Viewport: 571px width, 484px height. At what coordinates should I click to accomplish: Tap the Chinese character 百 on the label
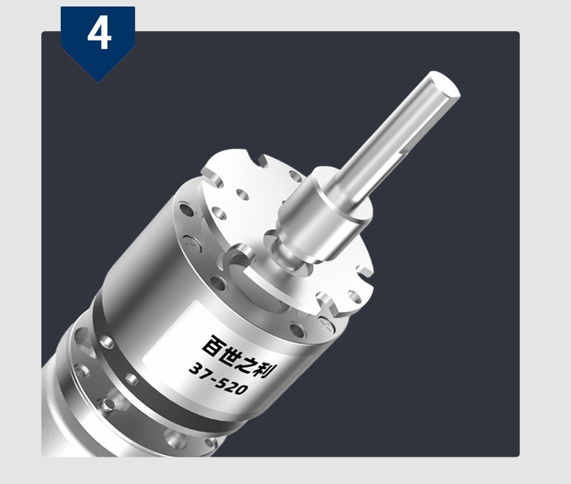213,346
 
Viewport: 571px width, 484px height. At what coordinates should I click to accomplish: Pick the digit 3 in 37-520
195,369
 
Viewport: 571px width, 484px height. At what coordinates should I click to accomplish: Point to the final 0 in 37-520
243,389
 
